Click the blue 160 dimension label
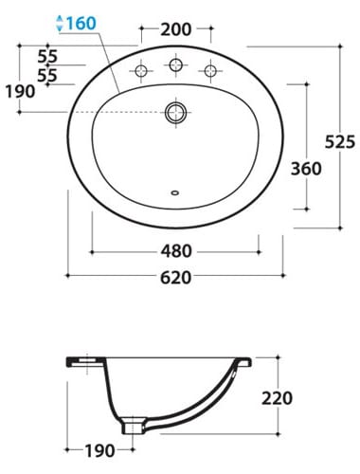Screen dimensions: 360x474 tap(81, 23)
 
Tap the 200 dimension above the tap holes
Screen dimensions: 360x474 tap(176, 29)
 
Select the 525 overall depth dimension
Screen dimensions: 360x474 tap(340, 141)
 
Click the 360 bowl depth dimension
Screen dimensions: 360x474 tap(306, 169)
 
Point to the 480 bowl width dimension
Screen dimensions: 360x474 tap(176, 251)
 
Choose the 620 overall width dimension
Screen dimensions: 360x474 tap(176, 278)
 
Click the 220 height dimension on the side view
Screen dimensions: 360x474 tap(277, 398)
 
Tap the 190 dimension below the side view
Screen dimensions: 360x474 tap(99, 450)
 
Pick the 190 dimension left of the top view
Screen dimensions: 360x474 tap(20, 92)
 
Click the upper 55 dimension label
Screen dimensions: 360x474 tap(47, 57)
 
